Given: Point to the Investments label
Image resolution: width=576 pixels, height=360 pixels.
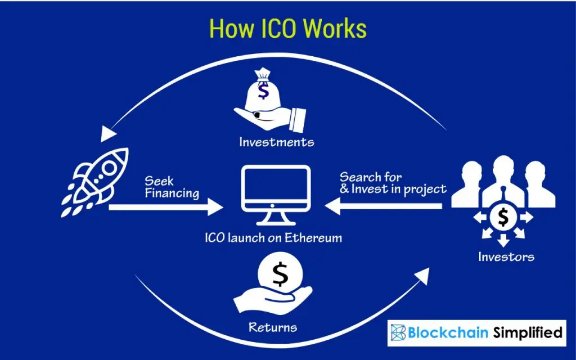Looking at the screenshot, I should coord(276,142).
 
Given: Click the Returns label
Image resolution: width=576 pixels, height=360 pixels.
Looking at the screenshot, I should coord(273,326).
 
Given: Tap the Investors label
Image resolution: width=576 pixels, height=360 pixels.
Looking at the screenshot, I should coord(506,257).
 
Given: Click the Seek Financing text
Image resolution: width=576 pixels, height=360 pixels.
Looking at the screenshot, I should coord(172,187).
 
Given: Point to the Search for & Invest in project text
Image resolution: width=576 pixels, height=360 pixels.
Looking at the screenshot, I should coord(393,183).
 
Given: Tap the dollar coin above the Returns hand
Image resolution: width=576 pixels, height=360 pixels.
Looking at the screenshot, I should coord(280,274).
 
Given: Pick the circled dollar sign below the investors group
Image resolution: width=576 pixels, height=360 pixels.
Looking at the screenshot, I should coord(503,217).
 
